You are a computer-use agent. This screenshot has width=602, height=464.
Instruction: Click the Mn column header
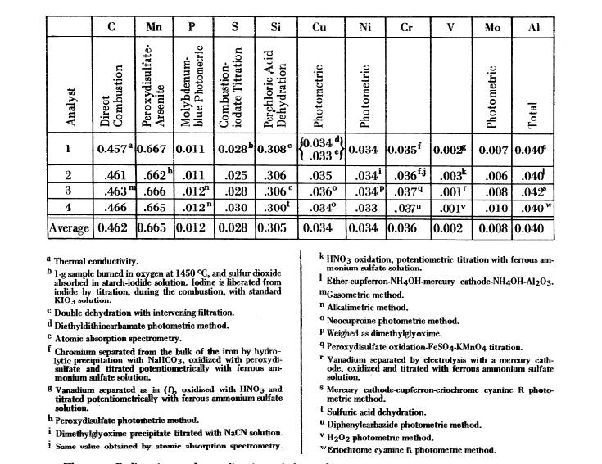coord(154,26)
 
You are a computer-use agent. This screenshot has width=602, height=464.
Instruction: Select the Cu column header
coord(321,26)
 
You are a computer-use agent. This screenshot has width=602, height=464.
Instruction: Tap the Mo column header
coord(492,26)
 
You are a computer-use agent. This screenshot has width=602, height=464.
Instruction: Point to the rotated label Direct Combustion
coord(111,102)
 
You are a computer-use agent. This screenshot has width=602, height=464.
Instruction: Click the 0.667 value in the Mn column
coord(154,150)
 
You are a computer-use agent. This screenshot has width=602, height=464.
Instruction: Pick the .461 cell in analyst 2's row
coord(112,175)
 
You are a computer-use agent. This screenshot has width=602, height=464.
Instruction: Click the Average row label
coord(70,228)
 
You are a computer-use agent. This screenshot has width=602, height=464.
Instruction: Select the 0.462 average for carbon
coord(112,228)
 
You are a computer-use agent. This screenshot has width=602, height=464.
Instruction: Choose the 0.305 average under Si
coord(275,228)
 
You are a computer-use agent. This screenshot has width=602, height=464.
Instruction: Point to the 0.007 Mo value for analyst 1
coord(492,150)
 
